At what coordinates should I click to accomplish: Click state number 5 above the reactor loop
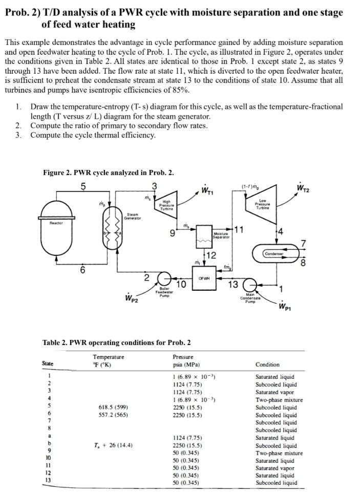83,185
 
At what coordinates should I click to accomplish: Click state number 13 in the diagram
233,285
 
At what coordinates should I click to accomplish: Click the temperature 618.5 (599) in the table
110,407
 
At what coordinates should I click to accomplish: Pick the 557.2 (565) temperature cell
110,415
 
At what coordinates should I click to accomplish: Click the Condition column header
267,365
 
